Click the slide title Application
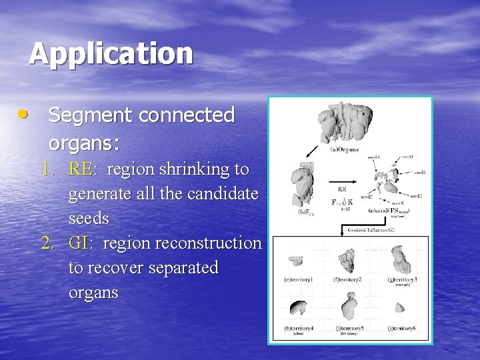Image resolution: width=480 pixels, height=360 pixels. point(111,53)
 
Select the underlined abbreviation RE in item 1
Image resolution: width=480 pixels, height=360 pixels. point(81,169)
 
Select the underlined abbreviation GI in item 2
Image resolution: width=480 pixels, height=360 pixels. point(79,243)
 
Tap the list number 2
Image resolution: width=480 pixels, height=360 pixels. point(47,243)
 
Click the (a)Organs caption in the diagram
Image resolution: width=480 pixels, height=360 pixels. point(345,149)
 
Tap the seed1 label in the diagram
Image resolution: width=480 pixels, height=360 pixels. point(407,157)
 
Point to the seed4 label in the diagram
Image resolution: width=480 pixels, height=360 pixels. point(373,158)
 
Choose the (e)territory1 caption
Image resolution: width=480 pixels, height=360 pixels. point(297,279)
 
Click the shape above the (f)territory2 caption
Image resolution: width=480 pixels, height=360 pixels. point(347,257)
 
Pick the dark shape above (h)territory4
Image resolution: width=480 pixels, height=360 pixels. point(297,307)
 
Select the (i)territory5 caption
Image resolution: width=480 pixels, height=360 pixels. point(349,328)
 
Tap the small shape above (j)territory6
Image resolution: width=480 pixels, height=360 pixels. point(400,307)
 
